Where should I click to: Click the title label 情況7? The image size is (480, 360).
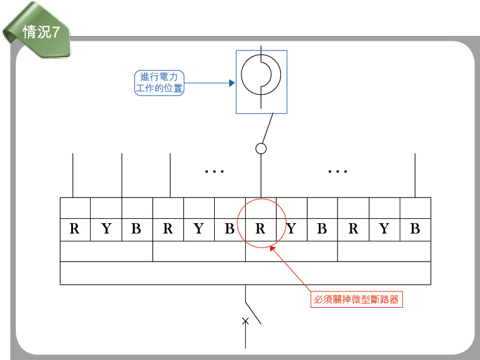[x=41, y=32]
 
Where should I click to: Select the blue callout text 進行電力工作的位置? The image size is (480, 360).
[x=159, y=83]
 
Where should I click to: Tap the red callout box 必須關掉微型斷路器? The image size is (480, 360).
[x=357, y=300]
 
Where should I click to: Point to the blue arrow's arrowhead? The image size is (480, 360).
[x=232, y=83]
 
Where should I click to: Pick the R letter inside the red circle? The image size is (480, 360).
[x=260, y=229]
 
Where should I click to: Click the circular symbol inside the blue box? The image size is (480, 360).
[x=261, y=75]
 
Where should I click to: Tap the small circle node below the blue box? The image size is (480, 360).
[x=261, y=148]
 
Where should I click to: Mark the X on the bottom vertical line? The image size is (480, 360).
[x=246, y=321]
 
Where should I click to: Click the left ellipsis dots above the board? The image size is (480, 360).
[x=215, y=172]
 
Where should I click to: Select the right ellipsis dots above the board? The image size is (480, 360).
[x=337, y=172]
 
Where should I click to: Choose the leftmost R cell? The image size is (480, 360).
[x=75, y=229]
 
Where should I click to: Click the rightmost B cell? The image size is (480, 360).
[x=415, y=229]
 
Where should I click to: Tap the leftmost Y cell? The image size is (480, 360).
[x=106, y=229]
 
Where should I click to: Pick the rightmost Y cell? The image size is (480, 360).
[x=384, y=229]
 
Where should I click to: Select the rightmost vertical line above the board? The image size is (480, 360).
[x=415, y=175]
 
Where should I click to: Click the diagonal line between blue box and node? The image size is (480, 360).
[x=266, y=128]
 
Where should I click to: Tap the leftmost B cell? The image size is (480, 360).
[x=136, y=229]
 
